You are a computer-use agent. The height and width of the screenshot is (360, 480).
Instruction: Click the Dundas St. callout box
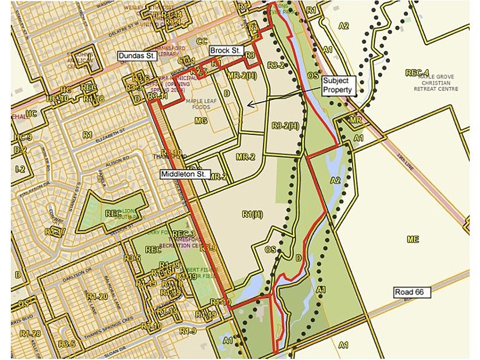coord(137,56)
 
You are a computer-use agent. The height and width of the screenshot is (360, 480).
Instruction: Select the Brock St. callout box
coord(224,51)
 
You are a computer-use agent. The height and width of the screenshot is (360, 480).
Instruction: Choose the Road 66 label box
coord(412,292)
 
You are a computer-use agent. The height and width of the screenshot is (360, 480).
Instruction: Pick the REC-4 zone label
coord(417,73)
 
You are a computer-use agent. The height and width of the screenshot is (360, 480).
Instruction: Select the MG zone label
coord(200,121)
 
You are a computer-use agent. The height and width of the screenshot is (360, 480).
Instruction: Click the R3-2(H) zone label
coord(285,126)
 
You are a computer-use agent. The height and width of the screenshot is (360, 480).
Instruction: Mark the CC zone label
coord(202,41)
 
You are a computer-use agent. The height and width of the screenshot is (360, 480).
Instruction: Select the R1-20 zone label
coord(96,296)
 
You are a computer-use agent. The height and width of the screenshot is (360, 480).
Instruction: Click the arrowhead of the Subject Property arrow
coord(248,104)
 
